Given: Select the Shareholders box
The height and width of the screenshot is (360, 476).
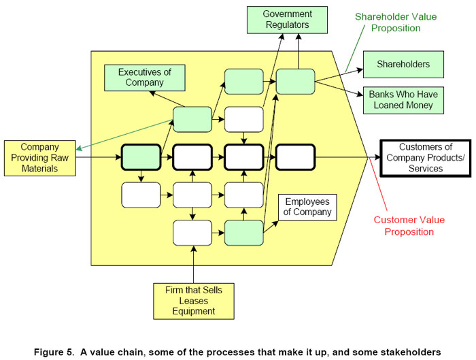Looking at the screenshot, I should tap(403, 65).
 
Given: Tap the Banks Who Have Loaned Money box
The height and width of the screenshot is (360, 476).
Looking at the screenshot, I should tap(403, 99).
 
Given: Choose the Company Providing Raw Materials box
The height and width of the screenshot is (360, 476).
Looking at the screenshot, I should tap(39, 157).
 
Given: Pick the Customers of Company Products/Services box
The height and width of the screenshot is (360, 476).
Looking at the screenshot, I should tap(424, 158).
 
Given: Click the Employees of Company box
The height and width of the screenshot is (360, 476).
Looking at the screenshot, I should tap(307, 207).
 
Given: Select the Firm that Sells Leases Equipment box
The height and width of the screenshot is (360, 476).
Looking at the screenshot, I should tap(194, 301).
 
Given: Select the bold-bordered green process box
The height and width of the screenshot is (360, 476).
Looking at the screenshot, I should tap(141, 157).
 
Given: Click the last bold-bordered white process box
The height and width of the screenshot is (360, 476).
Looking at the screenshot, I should tap(295, 157).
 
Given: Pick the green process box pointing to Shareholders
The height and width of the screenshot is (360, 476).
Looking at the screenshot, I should tap(295, 81).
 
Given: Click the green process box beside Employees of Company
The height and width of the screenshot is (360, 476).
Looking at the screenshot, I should tap(244, 233).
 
